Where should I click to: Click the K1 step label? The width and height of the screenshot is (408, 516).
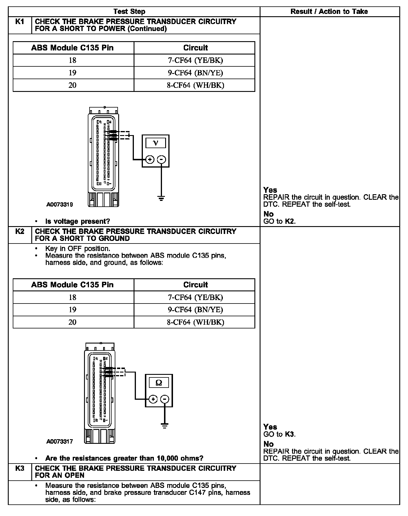19,22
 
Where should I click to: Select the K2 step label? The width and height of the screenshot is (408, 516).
19,232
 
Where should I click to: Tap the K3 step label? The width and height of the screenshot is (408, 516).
19,468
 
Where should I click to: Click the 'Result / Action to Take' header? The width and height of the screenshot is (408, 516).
329,12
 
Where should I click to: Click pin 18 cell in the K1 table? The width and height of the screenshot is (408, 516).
72,60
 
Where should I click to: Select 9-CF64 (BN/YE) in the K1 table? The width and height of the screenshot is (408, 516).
195,73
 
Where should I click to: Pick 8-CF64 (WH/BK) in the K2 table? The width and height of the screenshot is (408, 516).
195,322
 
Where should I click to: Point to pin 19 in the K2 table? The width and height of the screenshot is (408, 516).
72,310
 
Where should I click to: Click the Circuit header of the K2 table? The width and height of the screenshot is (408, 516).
195,285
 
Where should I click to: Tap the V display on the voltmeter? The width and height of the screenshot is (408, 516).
156,143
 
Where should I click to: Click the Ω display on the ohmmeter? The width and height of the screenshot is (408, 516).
159,383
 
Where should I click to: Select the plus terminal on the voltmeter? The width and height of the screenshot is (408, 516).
150,159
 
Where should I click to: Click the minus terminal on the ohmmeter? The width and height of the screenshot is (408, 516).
165,399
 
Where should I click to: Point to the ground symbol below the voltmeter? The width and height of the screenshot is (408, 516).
161,199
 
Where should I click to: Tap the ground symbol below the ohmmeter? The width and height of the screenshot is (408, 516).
165,426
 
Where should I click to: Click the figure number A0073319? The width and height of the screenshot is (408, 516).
60,205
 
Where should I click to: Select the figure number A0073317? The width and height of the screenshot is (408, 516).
60,441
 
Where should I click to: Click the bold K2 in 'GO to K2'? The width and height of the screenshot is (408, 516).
290,221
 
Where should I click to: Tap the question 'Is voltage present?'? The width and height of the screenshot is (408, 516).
78,221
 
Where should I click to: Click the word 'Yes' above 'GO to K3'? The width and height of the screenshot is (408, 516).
270,427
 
